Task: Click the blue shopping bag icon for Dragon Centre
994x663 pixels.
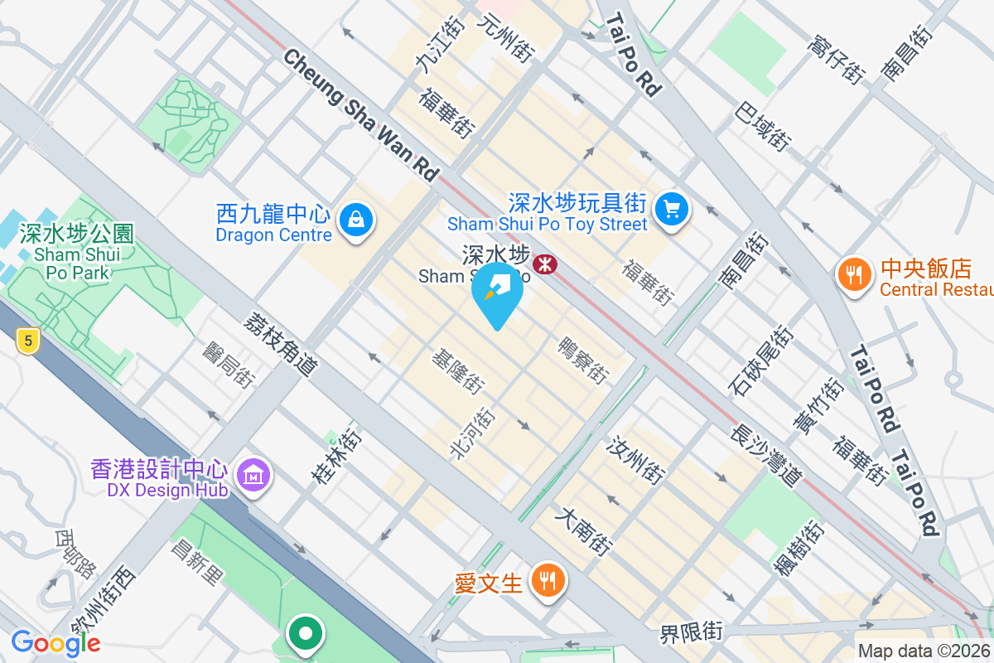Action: [355, 220]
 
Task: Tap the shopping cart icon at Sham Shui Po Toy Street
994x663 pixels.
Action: [672, 209]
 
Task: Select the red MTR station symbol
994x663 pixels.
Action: [544, 264]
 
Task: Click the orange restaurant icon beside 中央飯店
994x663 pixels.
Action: [852, 273]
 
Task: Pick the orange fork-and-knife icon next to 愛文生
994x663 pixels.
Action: [547, 580]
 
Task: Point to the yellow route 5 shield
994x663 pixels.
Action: [28, 339]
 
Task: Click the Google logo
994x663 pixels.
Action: [56, 643]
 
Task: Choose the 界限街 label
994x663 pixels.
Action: [691, 633]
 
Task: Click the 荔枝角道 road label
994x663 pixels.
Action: [281, 344]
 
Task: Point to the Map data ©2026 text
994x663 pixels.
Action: [924, 651]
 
